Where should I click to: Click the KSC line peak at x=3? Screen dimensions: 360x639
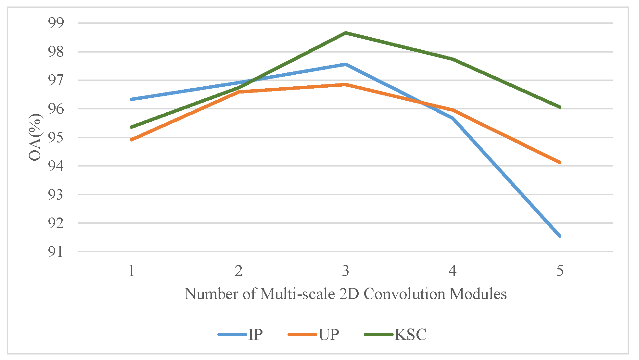346,32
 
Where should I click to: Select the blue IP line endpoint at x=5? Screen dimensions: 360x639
560,236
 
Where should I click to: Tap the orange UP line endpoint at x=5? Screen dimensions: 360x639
560,162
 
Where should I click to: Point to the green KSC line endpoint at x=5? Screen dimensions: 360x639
560,107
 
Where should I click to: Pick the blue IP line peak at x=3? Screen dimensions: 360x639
346,64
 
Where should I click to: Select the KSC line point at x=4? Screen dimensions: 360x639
453,59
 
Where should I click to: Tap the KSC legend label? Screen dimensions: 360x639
410,334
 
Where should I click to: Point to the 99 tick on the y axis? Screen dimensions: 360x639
56,23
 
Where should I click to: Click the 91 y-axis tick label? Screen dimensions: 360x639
56,252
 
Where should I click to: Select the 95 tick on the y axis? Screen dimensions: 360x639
56,137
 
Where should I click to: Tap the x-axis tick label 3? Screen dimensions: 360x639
346,270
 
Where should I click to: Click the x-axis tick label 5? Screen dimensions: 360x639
559,270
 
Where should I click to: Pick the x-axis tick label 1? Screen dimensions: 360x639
132,270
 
